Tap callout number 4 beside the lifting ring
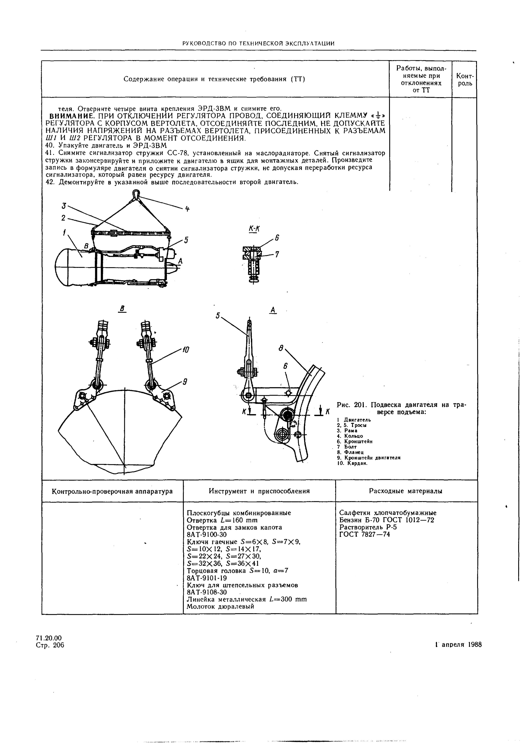coord(187,209)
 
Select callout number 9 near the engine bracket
coord(185,382)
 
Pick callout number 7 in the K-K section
coord(277,254)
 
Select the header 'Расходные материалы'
coord(406,491)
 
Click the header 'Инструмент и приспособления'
coord(259,491)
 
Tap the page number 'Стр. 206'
coord(50,645)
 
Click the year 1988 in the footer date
coord(475,644)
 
